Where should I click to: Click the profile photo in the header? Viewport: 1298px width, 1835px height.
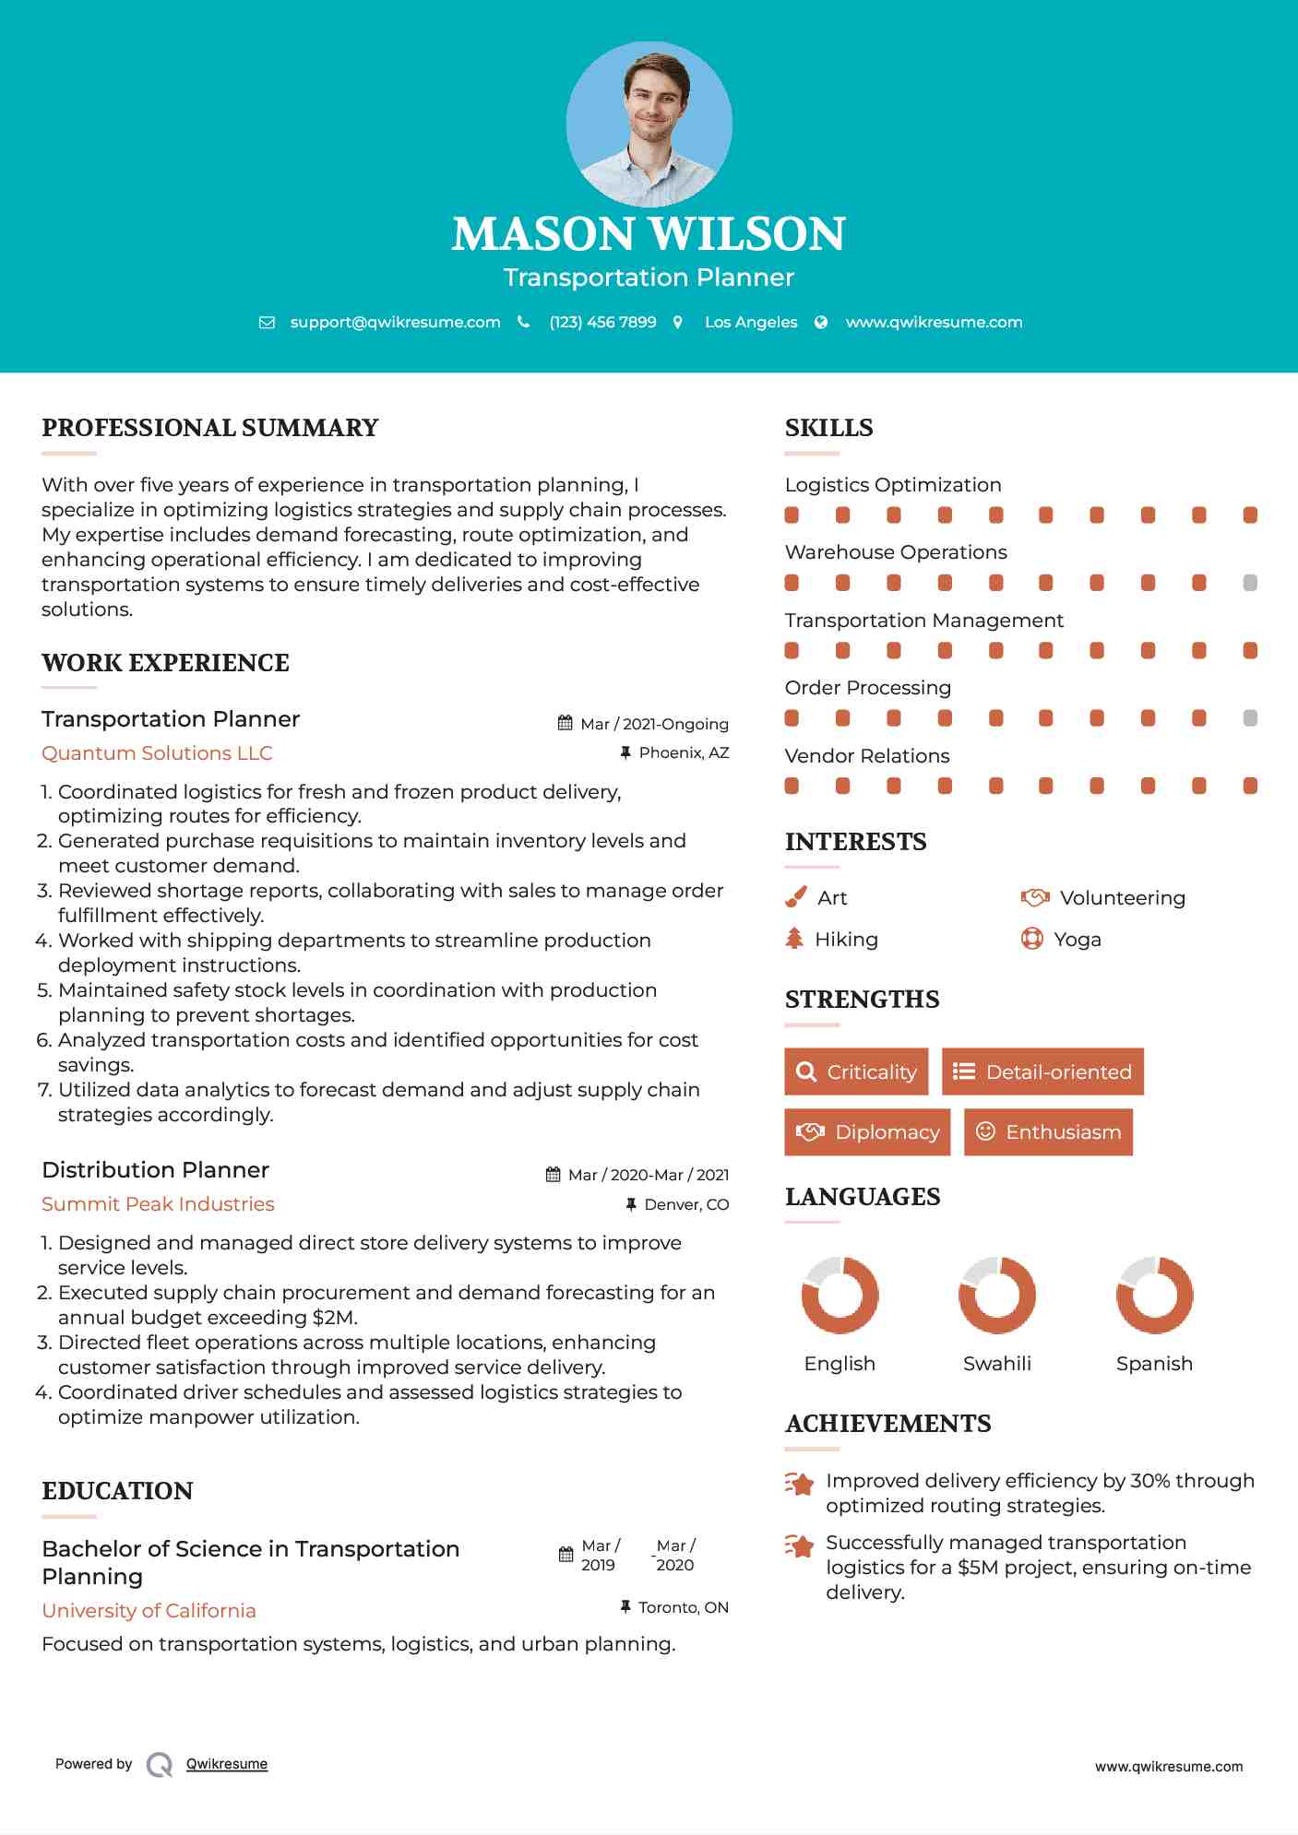click(649, 124)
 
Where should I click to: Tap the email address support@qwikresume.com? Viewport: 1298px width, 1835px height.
click(395, 322)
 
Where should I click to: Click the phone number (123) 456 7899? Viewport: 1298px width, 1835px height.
click(602, 322)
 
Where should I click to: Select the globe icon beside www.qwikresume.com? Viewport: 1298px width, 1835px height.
click(821, 322)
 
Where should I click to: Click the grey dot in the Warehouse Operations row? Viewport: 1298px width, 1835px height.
click(1250, 583)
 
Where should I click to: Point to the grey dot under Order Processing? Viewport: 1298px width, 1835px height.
click(1250, 718)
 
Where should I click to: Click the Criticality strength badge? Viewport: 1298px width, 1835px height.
click(856, 1071)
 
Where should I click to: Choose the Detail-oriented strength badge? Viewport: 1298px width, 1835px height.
click(1042, 1071)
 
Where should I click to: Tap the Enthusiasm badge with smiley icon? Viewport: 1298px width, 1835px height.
click(1048, 1131)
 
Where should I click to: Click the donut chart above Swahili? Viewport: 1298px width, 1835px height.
click(996, 1295)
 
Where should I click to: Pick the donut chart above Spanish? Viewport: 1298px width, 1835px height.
click(1154, 1295)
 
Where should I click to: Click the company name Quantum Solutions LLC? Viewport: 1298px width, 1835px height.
click(157, 753)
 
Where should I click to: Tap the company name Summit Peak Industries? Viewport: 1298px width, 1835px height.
click(158, 1204)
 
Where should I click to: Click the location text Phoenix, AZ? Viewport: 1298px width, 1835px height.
click(684, 753)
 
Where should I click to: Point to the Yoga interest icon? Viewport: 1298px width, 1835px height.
click(1031, 939)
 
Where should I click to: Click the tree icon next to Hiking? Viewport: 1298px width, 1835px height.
click(794, 939)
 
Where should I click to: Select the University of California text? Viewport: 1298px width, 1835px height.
click(149, 1611)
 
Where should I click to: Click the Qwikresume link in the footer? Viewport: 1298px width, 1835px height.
click(227, 1764)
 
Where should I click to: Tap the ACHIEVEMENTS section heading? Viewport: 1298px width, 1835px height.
click(887, 1424)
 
